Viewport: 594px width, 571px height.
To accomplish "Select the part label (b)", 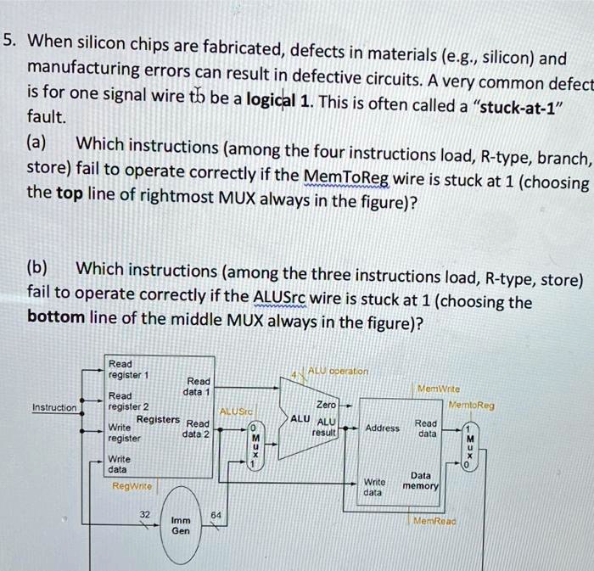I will pos(39,270).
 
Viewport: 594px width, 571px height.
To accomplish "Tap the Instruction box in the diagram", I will pos(54,407).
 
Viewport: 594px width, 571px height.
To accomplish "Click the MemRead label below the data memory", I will pos(434,521).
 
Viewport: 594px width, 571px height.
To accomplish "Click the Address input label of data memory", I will pos(382,428).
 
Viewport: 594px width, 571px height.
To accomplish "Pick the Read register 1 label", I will pos(127,367).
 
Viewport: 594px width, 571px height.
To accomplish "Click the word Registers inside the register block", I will pos(159,419).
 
